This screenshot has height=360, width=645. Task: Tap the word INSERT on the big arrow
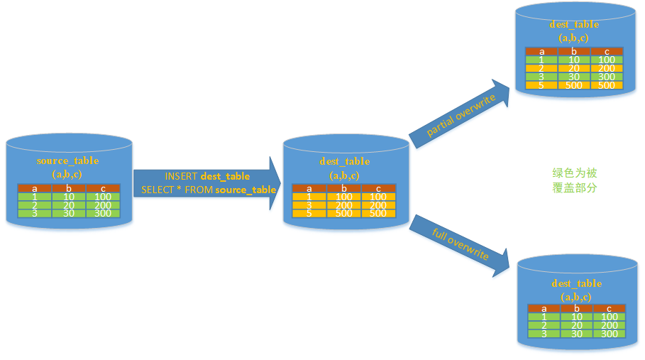tap(182, 176)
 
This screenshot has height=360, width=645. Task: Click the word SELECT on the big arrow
tap(157, 190)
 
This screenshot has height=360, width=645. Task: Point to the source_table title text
tap(67, 160)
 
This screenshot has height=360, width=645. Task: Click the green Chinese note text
tap(575, 180)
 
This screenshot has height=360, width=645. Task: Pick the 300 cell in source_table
tap(103, 213)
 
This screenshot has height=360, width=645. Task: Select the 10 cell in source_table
tap(68, 196)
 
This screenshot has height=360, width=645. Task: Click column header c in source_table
tap(103, 187)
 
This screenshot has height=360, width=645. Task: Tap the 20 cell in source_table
tap(68, 204)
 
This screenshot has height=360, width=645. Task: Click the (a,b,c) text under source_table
tap(67, 173)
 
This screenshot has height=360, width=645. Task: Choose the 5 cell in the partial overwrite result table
tap(541, 85)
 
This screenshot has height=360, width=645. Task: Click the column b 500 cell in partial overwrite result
tap(574, 85)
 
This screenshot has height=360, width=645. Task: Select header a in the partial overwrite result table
tap(541, 51)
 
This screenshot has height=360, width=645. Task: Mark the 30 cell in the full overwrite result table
tap(577, 334)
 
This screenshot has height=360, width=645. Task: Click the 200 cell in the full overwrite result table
tap(610, 325)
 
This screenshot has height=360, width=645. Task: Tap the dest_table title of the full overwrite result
tap(575, 283)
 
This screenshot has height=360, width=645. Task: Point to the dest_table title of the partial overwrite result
tap(573, 24)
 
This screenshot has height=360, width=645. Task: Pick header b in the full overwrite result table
tap(577, 308)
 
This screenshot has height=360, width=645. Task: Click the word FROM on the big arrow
tap(199, 190)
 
